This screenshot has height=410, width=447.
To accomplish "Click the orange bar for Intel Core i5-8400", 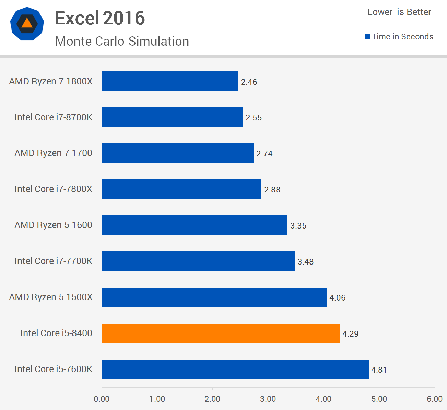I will click(x=221, y=333).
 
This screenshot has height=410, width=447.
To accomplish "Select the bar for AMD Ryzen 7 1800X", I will click(x=170, y=81).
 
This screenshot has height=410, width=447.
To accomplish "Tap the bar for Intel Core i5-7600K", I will click(x=235, y=369).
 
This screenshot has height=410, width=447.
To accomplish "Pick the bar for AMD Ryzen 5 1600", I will click(x=195, y=225).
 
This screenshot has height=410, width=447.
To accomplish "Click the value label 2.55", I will click(x=254, y=118).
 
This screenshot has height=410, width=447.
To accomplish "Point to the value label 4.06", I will click(x=337, y=298).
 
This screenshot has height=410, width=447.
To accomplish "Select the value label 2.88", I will click(x=272, y=190).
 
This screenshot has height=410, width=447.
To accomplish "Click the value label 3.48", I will click(x=305, y=262).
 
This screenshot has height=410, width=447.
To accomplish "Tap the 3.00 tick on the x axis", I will click(x=268, y=399).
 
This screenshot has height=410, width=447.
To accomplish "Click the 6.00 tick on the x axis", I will click(x=434, y=399).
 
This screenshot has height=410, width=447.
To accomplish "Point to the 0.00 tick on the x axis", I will click(x=102, y=399).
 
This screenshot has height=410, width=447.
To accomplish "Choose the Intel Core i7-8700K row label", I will click(x=54, y=117).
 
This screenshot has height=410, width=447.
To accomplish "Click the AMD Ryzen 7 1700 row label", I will click(x=54, y=153).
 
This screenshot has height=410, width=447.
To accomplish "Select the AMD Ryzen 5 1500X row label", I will click(x=51, y=297).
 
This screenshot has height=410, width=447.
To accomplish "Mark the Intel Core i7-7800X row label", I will click(x=54, y=189).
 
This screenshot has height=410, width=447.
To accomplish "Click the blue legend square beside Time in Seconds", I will click(x=367, y=37).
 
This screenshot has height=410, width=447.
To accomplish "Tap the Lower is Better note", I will click(x=399, y=12).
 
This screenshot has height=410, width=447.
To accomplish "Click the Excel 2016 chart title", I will click(x=100, y=18).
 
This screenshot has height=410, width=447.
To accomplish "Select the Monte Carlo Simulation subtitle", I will click(x=122, y=41).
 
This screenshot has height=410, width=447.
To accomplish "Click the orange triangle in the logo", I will click(x=27, y=23).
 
